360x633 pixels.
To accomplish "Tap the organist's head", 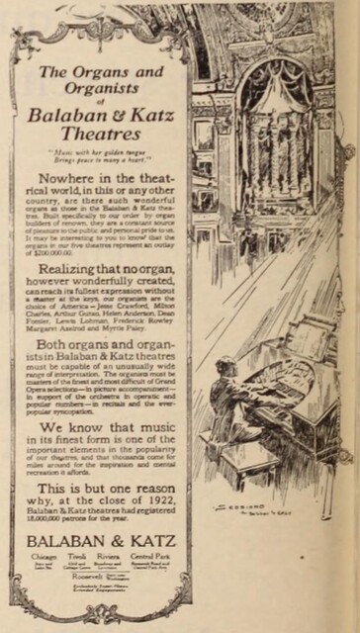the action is coord(228,367).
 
